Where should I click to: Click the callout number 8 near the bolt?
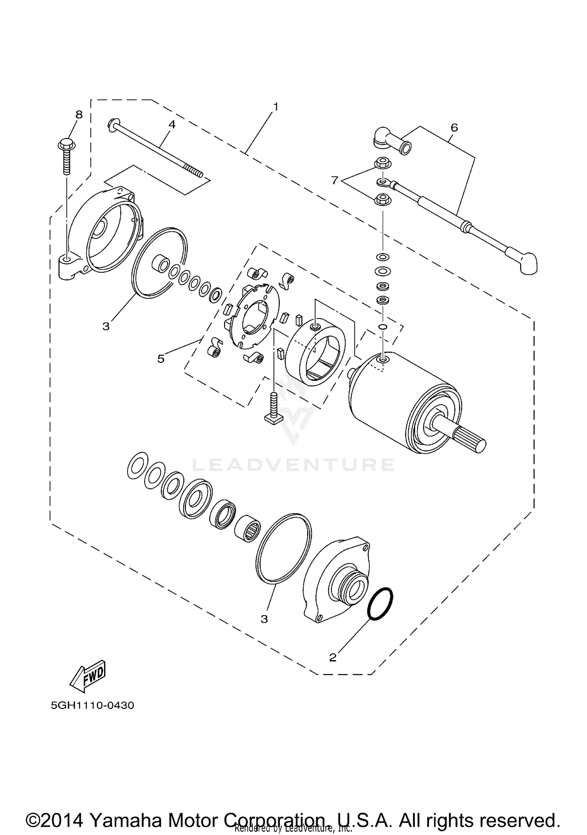click(79, 115)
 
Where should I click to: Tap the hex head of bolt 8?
click(67, 145)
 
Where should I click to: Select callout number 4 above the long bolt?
click(172, 124)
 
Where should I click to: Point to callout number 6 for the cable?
click(454, 127)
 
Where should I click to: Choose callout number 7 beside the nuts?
click(334, 180)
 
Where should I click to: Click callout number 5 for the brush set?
click(161, 359)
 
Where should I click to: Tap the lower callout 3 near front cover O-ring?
click(265, 619)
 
